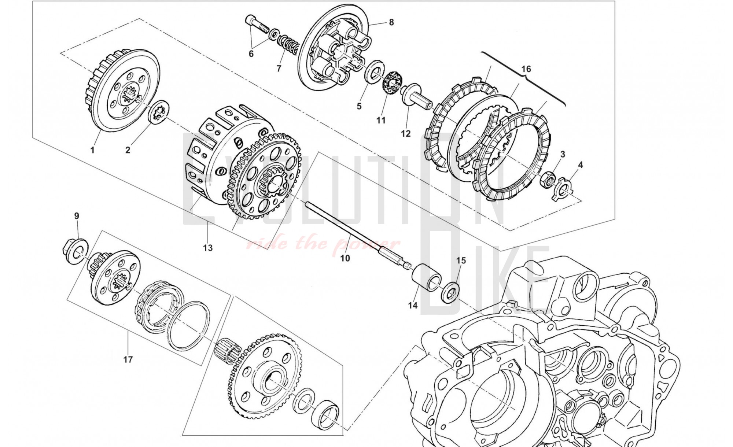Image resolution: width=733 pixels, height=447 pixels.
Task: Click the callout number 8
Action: click(x=391, y=22)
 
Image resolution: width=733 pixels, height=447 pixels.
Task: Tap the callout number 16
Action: click(x=526, y=69)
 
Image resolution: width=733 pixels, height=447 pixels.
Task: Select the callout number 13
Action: click(x=208, y=248)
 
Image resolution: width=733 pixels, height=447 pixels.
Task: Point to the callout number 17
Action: click(x=128, y=359)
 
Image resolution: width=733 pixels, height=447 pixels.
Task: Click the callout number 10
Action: click(x=345, y=258)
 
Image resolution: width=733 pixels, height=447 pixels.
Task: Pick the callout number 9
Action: click(x=77, y=216)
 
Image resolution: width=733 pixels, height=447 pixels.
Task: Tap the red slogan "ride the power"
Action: click(x=323, y=244)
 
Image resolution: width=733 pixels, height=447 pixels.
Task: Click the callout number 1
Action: click(x=92, y=150)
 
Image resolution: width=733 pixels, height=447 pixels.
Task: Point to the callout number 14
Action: click(x=413, y=305)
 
